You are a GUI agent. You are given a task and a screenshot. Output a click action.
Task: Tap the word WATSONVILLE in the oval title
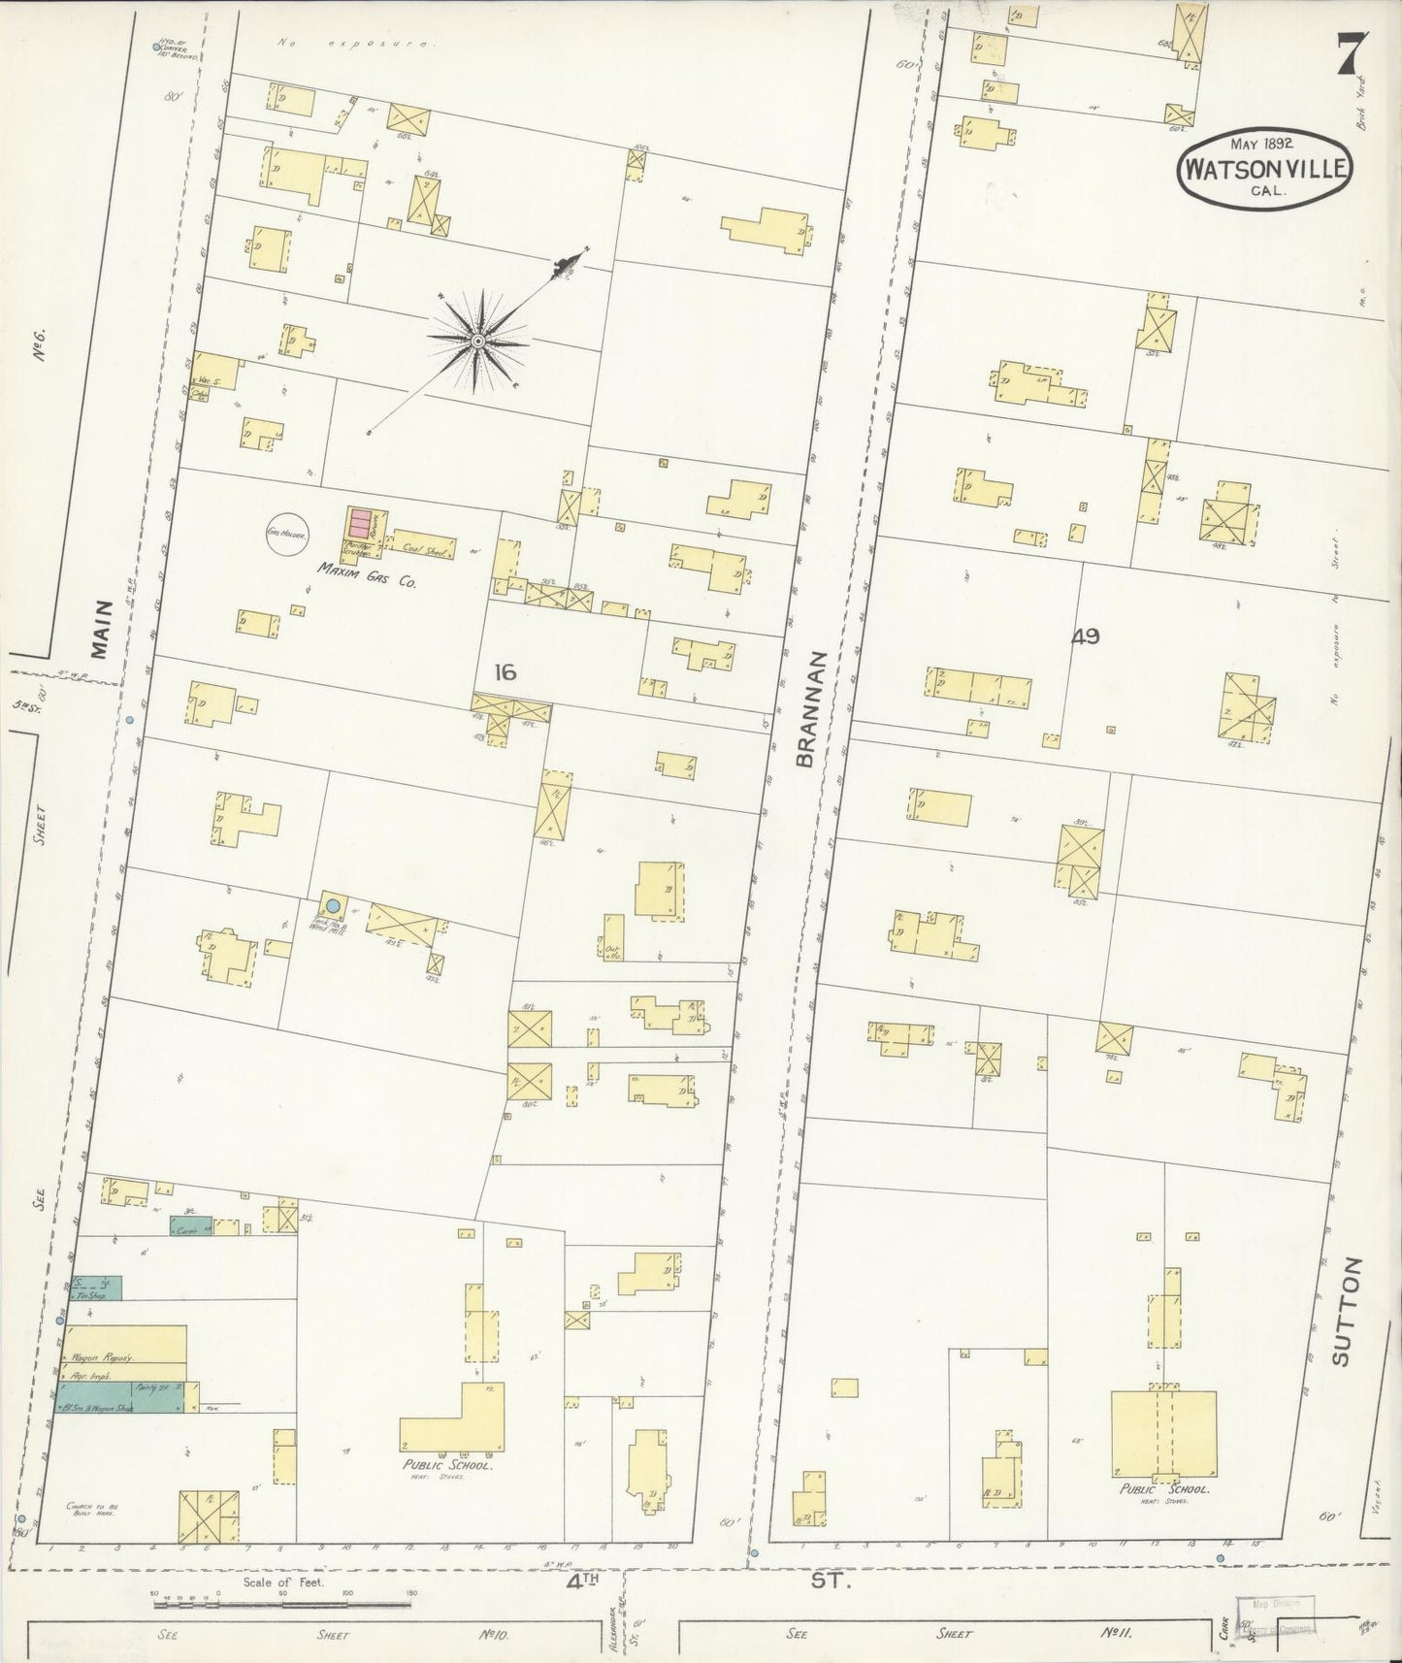click(x=1263, y=168)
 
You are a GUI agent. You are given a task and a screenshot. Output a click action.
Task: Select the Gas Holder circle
click(x=287, y=534)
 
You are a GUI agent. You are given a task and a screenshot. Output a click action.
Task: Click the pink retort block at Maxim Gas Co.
click(x=361, y=523)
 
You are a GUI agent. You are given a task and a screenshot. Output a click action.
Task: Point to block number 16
click(x=505, y=672)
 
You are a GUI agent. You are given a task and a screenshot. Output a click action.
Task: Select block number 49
click(x=1085, y=636)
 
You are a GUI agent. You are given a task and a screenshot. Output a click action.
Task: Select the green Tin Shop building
click(x=97, y=1288)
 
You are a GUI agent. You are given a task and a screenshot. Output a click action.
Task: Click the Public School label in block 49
click(x=1163, y=1488)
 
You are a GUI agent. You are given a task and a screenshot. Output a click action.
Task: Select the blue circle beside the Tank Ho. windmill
click(x=333, y=905)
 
